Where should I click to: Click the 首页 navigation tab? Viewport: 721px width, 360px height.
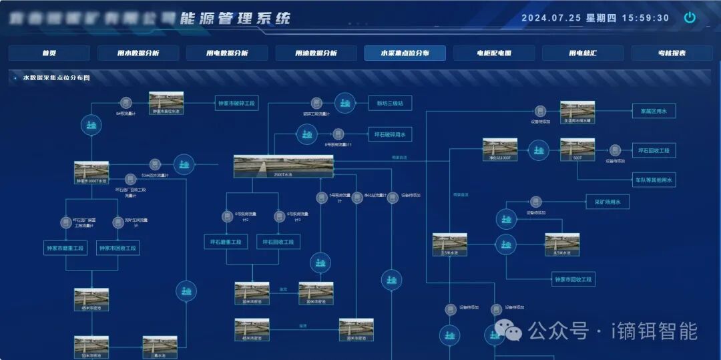pyautogui.click(x=49, y=53)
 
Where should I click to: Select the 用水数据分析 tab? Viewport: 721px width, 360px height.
pyautogui.click(x=138, y=53)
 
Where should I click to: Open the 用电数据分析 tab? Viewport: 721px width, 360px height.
pyautogui.click(x=227, y=53)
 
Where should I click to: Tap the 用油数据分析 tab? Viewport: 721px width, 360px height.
pyautogui.click(x=316, y=53)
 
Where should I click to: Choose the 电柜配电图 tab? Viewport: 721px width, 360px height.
pyautogui.click(x=494, y=53)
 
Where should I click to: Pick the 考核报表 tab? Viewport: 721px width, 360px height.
pyautogui.click(x=672, y=53)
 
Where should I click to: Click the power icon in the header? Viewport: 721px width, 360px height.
pyautogui.click(x=690, y=18)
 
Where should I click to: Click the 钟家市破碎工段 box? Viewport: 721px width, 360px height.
pyautogui.click(x=237, y=104)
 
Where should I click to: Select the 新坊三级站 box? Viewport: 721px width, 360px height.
pyautogui.click(x=390, y=103)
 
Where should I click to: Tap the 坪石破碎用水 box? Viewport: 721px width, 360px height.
pyautogui.click(x=390, y=134)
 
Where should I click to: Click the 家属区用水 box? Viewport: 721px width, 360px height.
pyautogui.click(x=654, y=111)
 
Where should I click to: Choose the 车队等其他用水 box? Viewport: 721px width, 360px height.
pyautogui.click(x=654, y=180)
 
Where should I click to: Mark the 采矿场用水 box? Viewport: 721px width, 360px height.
pyautogui.click(x=608, y=202)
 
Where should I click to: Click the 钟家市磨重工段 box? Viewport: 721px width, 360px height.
pyautogui.click(x=65, y=248)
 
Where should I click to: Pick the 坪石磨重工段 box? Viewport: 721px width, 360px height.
pyautogui.click(x=225, y=241)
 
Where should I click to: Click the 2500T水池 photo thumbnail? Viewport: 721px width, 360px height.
pyautogui.click(x=283, y=166)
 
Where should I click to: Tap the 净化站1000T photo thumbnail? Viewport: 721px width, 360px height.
pyautogui.click(x=500, y=148)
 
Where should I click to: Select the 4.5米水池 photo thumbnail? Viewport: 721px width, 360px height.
pyautogui.click(x=562, y=243)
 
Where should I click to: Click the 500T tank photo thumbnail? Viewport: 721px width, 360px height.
pyautogui.click(x=577, y=148)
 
